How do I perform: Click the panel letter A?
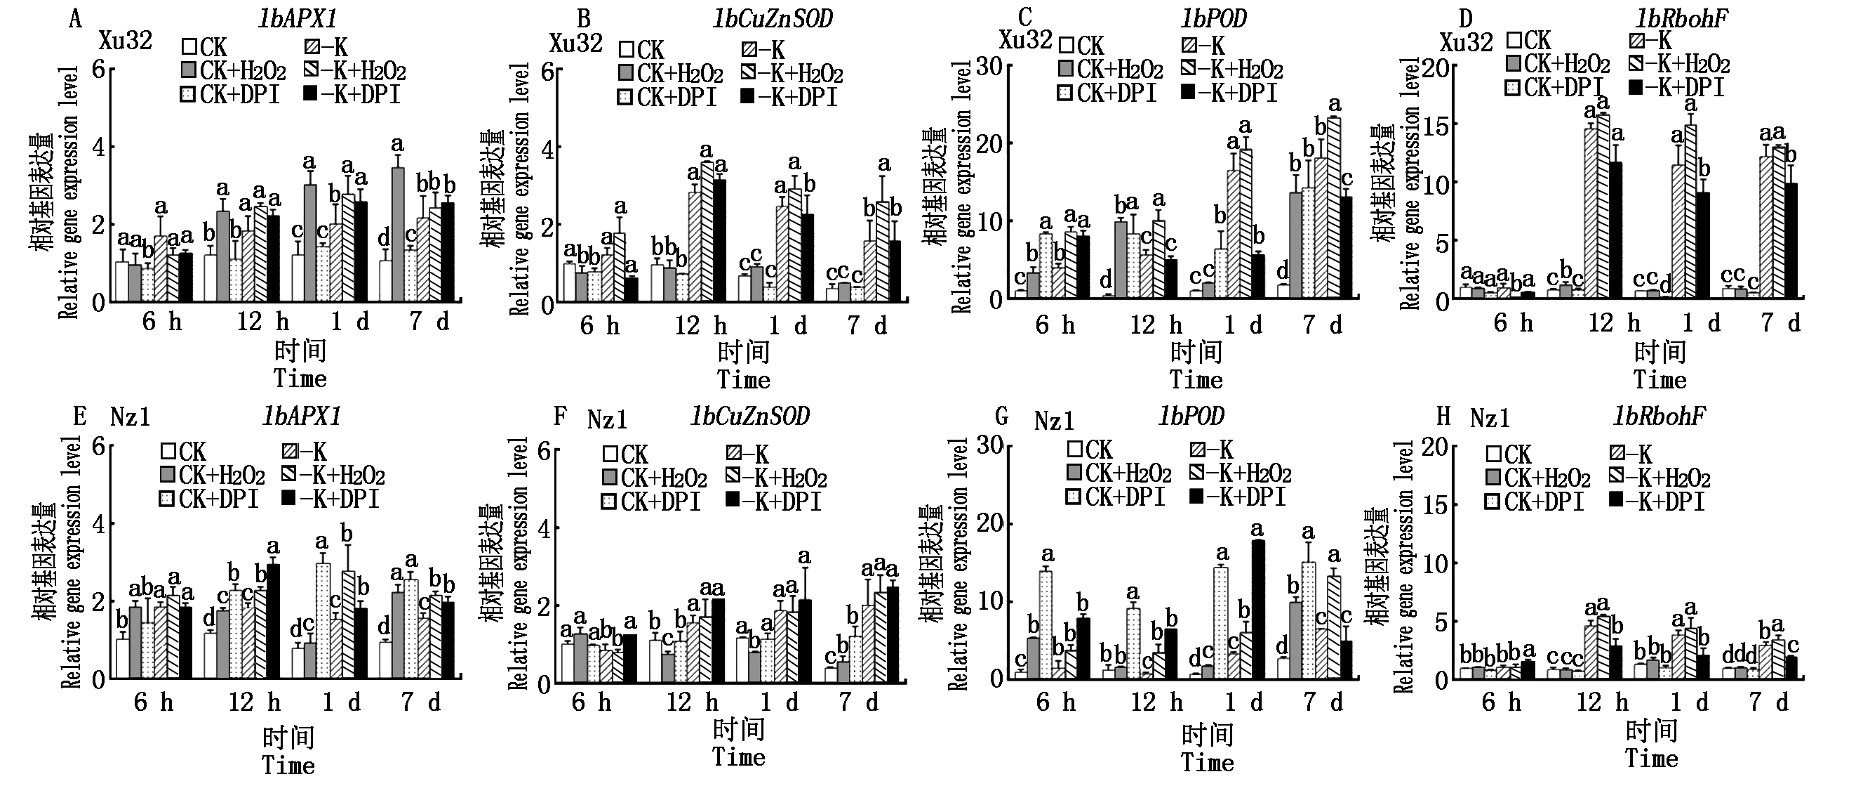click(74, 18)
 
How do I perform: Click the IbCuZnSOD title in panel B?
click(773, 19)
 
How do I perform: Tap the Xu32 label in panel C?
click(1024, 39)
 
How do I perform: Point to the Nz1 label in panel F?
click(607, 419)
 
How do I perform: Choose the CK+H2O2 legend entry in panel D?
click(1558, 65)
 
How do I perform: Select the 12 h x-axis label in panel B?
click(700, 326)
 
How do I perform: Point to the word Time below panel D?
click(1660, 380)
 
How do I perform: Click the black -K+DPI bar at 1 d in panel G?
click(1257, 610)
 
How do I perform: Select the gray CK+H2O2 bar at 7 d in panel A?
click(398, 235)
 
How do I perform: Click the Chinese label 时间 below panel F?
click(738, 730)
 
